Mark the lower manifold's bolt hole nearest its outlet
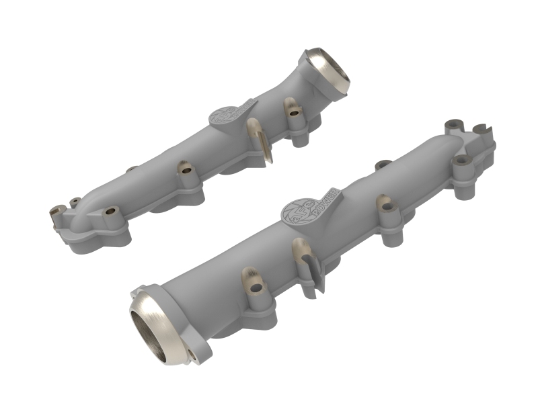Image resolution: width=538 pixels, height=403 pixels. (256, 288)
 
